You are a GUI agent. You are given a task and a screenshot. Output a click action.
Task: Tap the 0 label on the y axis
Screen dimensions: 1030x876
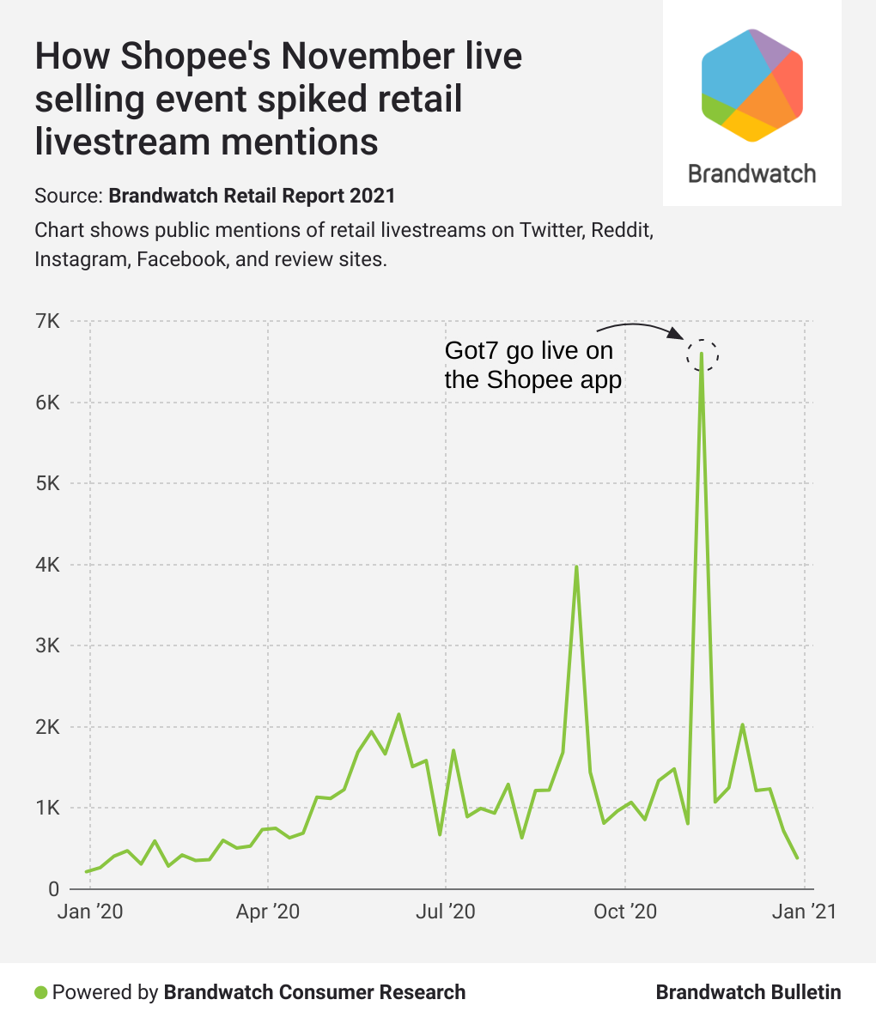click(x=53, y=889)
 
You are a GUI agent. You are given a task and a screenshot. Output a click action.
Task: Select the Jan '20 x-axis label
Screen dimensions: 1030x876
click(x=90, y=912)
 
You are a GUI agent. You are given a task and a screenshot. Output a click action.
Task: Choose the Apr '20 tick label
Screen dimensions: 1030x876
click(x=268, y=912)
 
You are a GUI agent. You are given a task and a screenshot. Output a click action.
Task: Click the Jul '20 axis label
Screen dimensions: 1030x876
click(x=445, y=912)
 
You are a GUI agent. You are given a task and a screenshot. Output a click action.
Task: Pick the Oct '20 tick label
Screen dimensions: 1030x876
click(x=624, y=912)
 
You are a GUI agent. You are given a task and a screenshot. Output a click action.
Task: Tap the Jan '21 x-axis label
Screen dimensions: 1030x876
click(x=804, y=912)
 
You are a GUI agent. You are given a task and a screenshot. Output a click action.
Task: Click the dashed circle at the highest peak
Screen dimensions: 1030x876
click(x=702, y=354)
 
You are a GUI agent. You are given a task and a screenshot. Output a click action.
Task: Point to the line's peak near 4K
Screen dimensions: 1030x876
click(x=576, y=566)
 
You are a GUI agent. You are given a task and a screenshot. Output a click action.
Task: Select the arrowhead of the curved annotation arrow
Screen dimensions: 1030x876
click(x=678, y=336)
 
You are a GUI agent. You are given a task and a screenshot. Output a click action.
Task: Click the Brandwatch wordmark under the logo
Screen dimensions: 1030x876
click(x=751, y=173)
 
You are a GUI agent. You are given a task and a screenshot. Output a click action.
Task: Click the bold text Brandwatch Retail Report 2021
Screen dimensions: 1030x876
click(x=252, y=196)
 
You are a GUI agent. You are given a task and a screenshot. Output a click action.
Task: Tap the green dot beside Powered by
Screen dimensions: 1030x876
click(x=40, y=993)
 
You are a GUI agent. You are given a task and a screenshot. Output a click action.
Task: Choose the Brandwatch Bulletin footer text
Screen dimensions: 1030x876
click(x=748, y=993)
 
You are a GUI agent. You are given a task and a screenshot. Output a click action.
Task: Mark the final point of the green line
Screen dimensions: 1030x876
click(x=797, y=857)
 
